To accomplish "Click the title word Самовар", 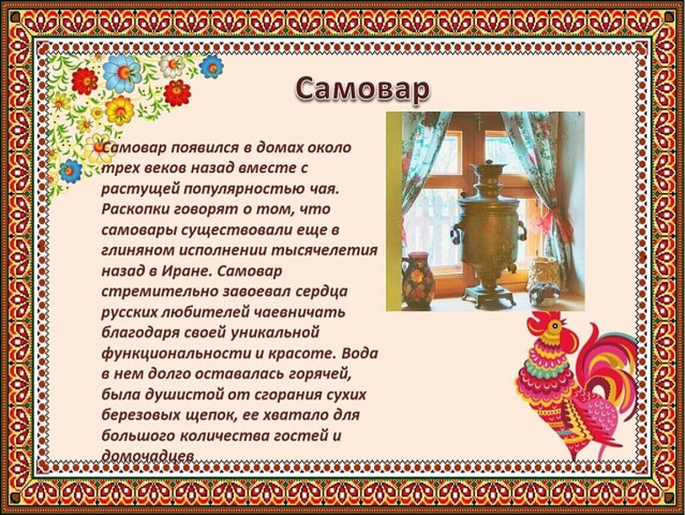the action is tap(362, 89).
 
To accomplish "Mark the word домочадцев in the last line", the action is tap(147, 456).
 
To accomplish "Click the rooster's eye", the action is tap(555, 325).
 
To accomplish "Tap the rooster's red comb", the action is tap(542, 321).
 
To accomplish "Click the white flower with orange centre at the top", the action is tap(171, 66).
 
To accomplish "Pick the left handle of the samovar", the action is tap(456, 232).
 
